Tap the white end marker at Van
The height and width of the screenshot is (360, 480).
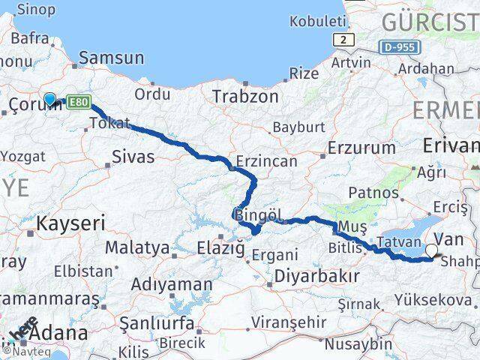(433, 252)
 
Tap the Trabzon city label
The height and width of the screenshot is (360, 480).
(245, 97)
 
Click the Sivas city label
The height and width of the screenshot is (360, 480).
(133, 157)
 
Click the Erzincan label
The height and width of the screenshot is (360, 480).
(266, 161)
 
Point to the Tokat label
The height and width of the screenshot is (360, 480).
(109, 123)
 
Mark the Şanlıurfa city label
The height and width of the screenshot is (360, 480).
(156, 325)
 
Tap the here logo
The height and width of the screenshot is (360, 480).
(28, 328)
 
